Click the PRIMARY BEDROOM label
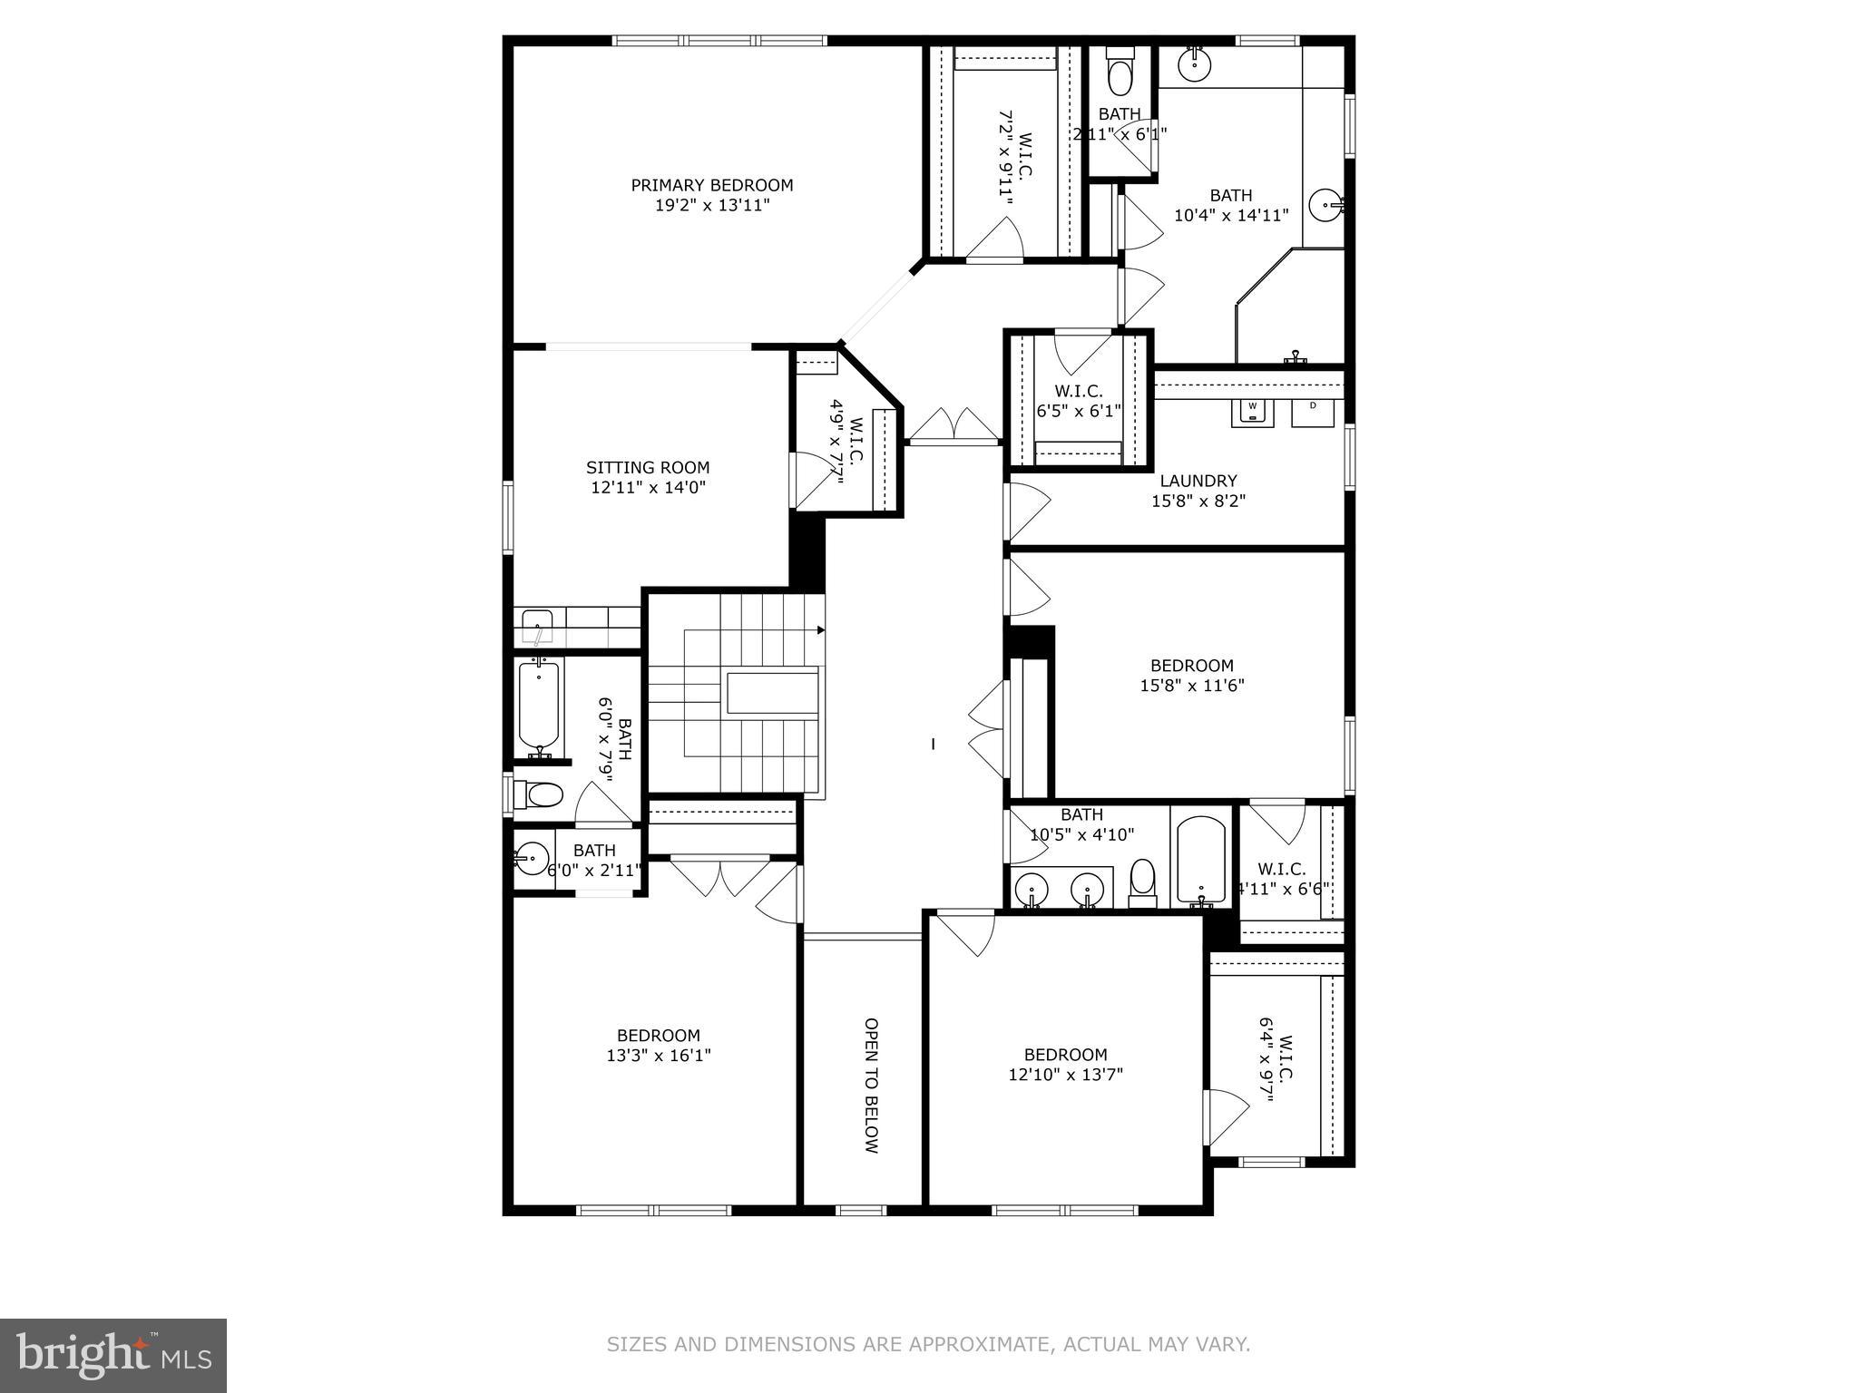[x=712, y=185]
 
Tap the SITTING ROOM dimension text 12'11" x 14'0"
[x=648, y=488]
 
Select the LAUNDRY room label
[x=1198, y=481]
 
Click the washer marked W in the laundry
[x=1252, y=411]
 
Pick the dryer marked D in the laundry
[x=1313, y=411]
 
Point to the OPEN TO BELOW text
[x=871, y=1086]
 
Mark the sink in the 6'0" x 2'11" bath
[x=531, y=856]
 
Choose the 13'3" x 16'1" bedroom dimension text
[x=659, y=1056]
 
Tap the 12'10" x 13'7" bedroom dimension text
[x=1066, y=1075]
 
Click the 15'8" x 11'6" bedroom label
[x=1192, y=666]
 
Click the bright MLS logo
[x=113, y=1356]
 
